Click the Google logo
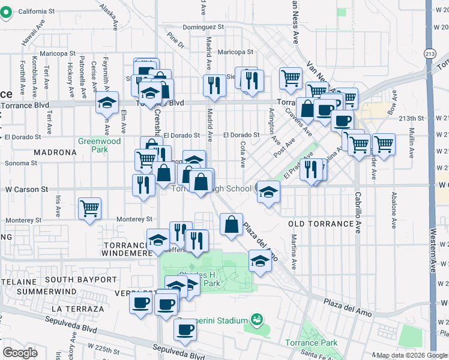20,353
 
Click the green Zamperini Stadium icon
258,318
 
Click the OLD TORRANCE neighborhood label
321,224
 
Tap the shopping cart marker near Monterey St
90,209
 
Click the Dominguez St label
203,27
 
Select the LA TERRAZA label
78,308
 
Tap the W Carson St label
26,189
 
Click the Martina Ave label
295,251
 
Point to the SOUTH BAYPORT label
80,280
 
